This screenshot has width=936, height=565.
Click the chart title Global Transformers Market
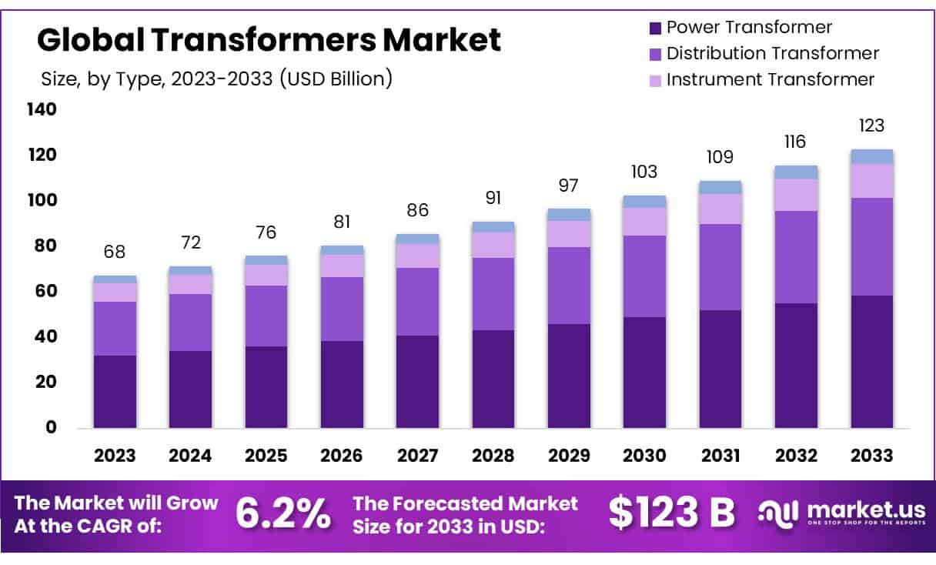pyautogui.click(x=269, y=39)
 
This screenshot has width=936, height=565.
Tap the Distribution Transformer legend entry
pyautogui.click(x=763, y=54)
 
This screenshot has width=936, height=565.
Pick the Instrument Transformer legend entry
pyautogui.click(x=760, y=79)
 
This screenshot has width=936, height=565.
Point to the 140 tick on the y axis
pyautogui.click(x=43, y=110)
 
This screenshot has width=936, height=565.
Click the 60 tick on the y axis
pyautogui.click(x=48, y=291)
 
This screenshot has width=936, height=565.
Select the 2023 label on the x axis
pyautogui.click(x=115, y=455)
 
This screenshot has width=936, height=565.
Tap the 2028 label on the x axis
pyautogui.click(x=493, y=455)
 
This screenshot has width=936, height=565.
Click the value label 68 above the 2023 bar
pyautogui.click(x=115, y=252)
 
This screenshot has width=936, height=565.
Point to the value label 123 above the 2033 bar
pyautogui.click(x=871, y=125)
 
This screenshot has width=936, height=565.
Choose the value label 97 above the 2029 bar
pyautogui.click(x=569, y=186)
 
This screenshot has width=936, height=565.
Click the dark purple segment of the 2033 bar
pyautogui.click(x=871, y=361)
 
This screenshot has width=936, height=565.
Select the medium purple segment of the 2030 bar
pyautogui.click(x=644, y=276)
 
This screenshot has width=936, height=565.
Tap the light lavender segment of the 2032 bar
pyautogui.click(x=796, y=195)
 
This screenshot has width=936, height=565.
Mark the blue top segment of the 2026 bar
pyautogui.click(x=342, y=250)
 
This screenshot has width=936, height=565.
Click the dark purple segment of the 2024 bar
pyautogui.click(x=190, y=389)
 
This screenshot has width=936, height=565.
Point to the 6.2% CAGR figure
pyautogui.click(x=283, y=514)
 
